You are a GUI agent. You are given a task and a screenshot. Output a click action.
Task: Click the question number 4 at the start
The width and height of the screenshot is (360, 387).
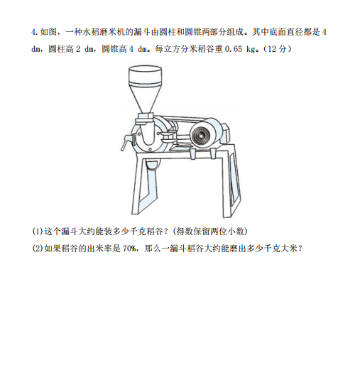pyautogui.click(x=33, y=32)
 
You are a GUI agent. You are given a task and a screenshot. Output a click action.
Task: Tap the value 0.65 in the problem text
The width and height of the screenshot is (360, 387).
pyautogui.click(x=234, y=49)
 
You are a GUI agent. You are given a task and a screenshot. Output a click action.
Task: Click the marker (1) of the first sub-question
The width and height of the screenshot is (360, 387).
pyautogui.click(x=38, y=231)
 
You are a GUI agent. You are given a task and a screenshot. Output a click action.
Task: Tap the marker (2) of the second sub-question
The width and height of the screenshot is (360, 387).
pyautogui.click(x=38, y=249)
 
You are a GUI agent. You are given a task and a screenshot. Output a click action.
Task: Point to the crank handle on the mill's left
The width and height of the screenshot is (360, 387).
pyautogui.click(x=126, y=143)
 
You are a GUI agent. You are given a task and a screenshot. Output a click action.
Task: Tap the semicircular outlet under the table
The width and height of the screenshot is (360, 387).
pyautogui.click(x=153, y=165)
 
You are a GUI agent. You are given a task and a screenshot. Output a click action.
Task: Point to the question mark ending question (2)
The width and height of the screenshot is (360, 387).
pyautogui.click(x=300, y=249)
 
